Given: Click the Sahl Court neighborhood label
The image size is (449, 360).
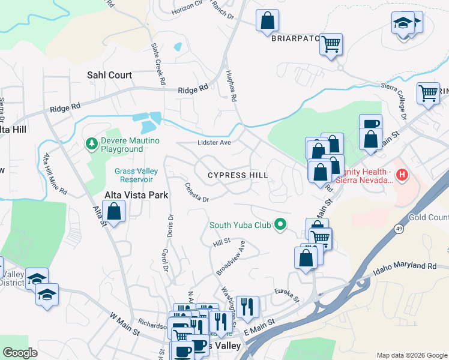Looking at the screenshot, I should (x=109, y=75).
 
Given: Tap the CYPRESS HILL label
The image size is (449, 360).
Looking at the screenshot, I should (x=237, y=175).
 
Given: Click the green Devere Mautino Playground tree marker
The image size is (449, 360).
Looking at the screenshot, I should (x=91, y=143).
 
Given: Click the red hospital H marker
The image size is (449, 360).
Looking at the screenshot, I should (x=403, y=175).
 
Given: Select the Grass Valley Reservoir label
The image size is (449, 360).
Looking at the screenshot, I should (x=136, y=175).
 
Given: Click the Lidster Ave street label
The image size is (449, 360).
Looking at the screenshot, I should (x=214, y=143).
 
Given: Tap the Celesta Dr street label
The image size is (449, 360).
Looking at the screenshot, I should (x=196, y=193).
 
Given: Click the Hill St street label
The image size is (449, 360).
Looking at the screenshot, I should (x=221, y=242).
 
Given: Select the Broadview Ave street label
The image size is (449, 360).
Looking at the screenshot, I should (x=231, y=258).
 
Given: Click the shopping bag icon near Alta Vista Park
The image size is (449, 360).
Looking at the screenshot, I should (x=113, y=211).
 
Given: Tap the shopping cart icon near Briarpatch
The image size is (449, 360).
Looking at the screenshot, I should (x=331, y=44).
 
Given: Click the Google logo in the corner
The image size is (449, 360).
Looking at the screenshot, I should (x=20, y=353).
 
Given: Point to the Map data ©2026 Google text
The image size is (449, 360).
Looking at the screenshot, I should (x=411, y=355).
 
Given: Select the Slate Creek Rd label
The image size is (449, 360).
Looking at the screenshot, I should (x=158, y=63).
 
